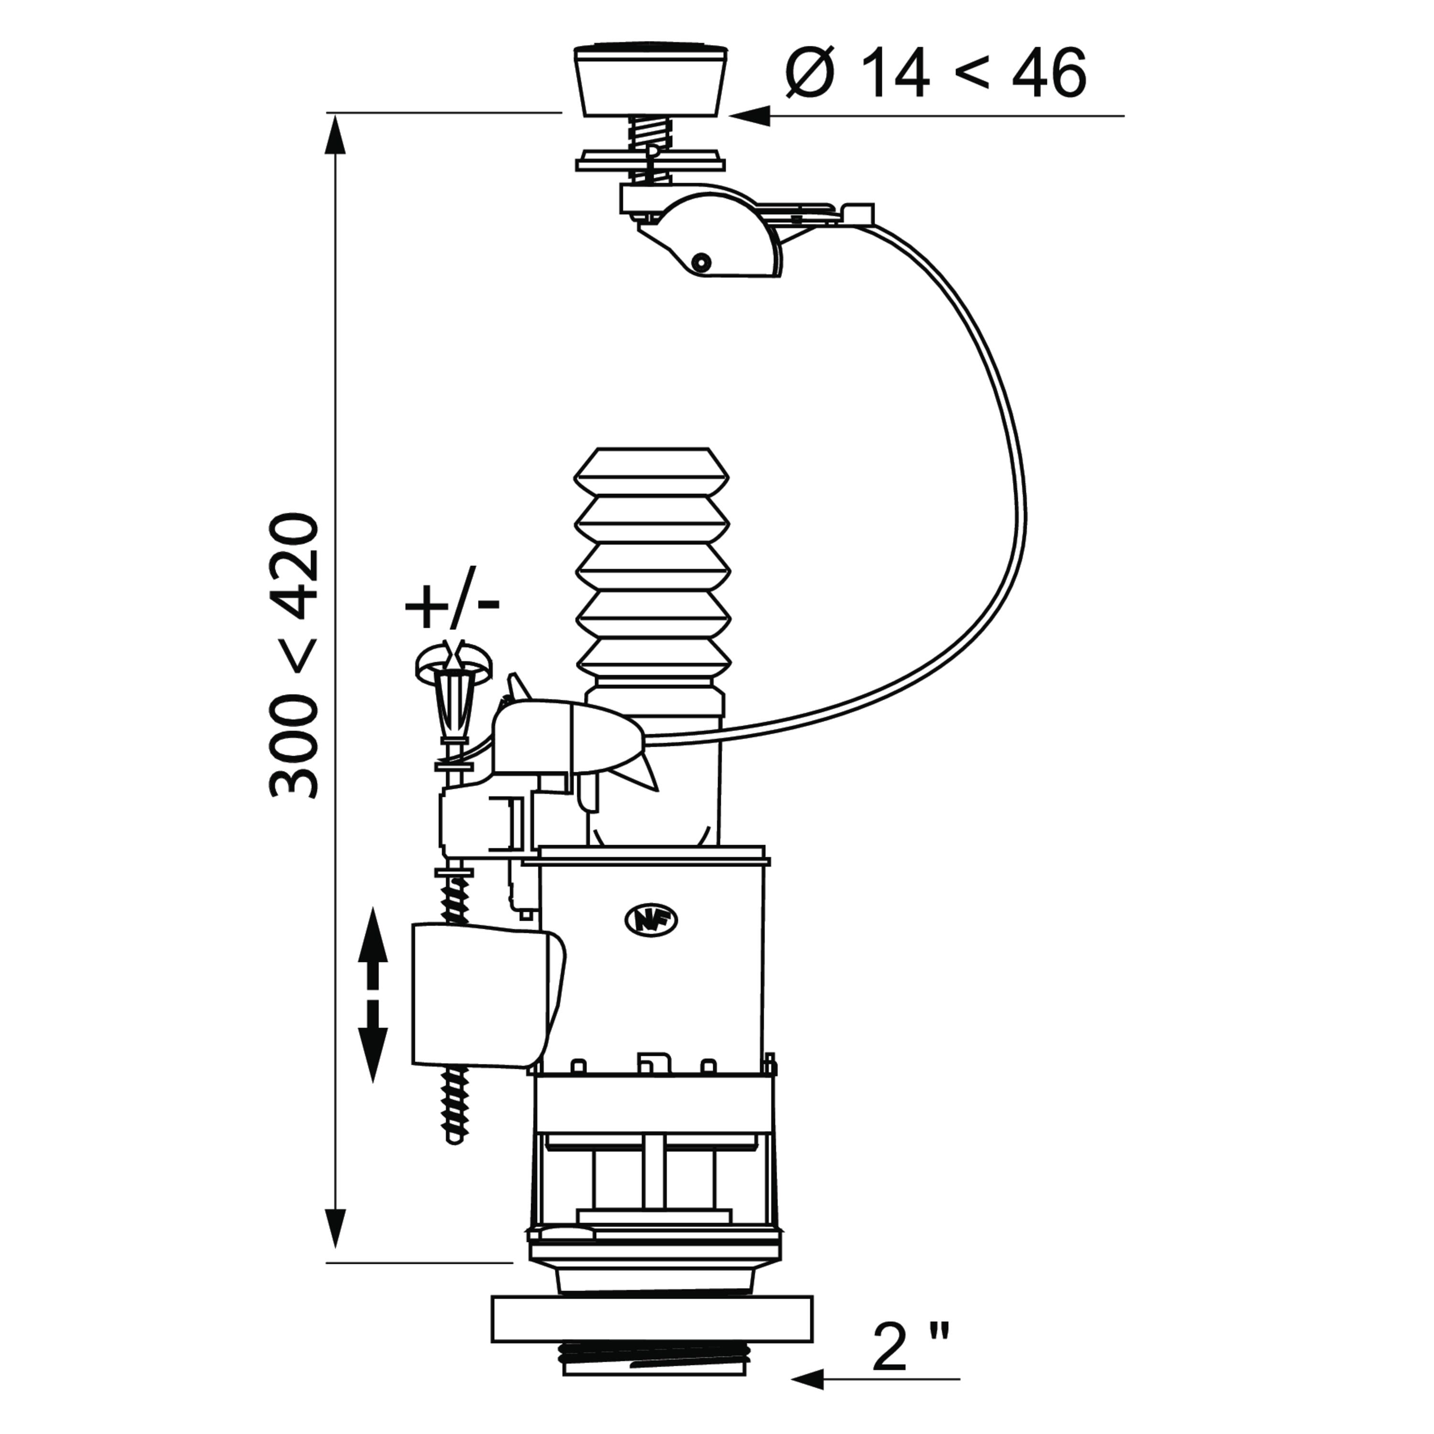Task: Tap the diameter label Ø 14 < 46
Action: [x=936, y=73]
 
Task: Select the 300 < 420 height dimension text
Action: [x=294, y=655]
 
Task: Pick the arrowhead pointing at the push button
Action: [x=750, y=116]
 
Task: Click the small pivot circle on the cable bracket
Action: [x=699, y=262]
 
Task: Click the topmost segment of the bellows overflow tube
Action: [x=652, y=470]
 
